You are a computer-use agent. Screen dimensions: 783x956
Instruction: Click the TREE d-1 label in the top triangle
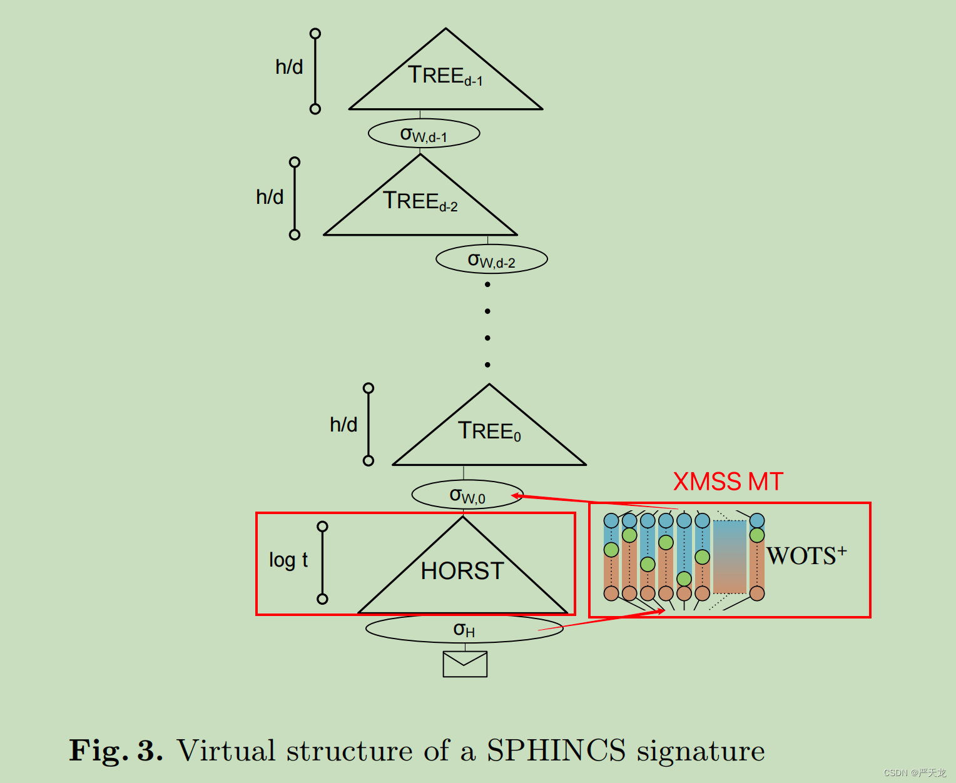(x=445, y=76)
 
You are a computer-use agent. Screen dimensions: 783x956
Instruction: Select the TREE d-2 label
(x=420, y=201)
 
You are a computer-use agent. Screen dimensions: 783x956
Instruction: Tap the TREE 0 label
(x=489, y=431)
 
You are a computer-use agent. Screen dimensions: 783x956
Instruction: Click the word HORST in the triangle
(x=462, y=571)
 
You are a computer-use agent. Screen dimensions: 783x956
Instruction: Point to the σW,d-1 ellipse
(x=424, y=134)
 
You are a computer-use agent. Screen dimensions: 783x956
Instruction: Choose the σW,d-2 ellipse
(x=491, y=260)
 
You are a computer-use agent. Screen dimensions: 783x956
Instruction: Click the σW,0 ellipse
(x=467, y=495)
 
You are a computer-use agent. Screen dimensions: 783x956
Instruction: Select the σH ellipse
(x=464, y=629)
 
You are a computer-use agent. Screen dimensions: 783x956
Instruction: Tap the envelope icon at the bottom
(x=465, y=664)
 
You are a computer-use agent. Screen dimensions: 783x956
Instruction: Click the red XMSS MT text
(x=728, y=482)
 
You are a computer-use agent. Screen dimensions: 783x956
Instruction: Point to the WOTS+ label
(x=806, y=555)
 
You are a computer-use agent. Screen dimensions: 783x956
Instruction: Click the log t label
(x=288, y=560)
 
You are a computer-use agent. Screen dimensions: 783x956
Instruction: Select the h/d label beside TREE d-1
(x=289, y=67)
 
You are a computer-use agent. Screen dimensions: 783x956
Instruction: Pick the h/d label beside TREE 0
(x=343, y=425)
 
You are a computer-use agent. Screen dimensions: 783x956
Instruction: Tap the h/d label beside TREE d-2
(x=270, y=197)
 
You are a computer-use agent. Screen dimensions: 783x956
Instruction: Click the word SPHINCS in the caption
(x=556, y=750)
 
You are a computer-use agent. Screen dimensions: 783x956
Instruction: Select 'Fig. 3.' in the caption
(x=116, y=750)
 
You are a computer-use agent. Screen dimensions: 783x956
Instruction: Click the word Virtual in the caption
(x=226, y=750)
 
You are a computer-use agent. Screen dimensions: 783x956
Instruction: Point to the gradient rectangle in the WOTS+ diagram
(x=730, y=557)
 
